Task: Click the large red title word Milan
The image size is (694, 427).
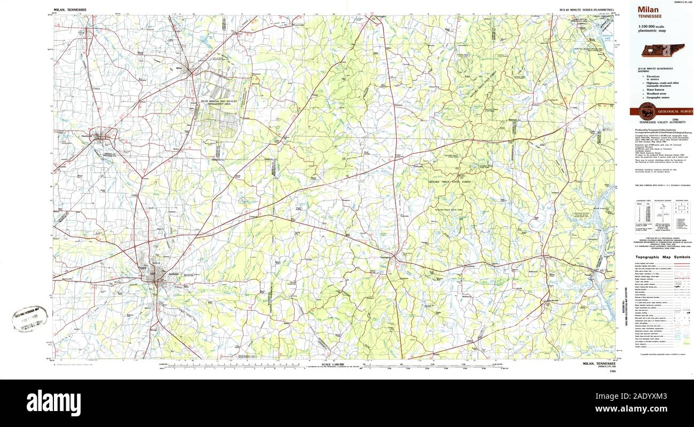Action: [x=648, y=10]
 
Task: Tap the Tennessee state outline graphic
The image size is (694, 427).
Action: [x=663, y=51]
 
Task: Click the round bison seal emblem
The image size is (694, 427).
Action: [x=647, y=111]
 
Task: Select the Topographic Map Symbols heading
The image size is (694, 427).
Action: [x=663, y=257]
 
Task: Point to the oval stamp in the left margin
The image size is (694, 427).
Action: [x=30, y=319]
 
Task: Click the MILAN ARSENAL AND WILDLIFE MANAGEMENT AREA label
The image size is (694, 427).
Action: [x=218, y=102]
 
